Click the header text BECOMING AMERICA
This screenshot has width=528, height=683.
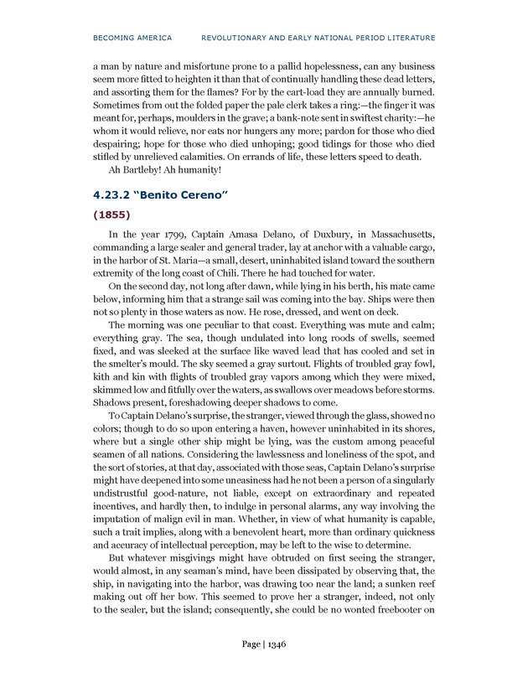[x=132, y=38]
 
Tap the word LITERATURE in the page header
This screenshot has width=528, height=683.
[x=406, y=38]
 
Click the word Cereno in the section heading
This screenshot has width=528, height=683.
[x=202, y=195]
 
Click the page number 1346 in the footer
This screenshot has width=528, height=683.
[x=277, y=643]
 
